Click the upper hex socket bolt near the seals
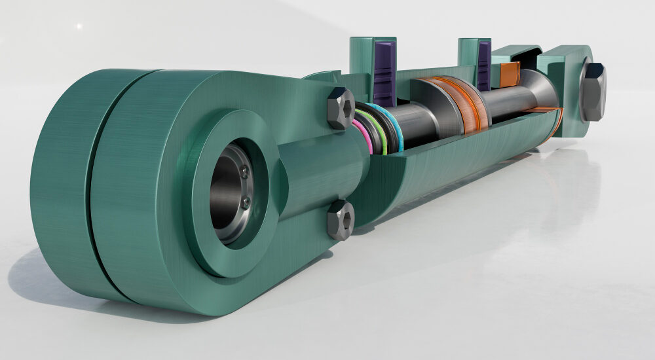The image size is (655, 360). (341, 107)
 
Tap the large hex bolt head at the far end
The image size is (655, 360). (593, 92)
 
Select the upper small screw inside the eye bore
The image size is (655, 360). (244, 172)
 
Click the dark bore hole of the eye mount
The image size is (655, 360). (226, 190)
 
